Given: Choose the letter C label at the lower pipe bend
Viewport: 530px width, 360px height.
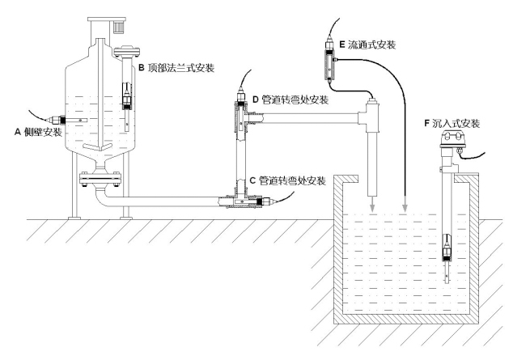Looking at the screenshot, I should click(x=252, y=180).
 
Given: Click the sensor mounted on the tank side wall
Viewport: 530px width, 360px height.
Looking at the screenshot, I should click(x=58, y=121).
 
